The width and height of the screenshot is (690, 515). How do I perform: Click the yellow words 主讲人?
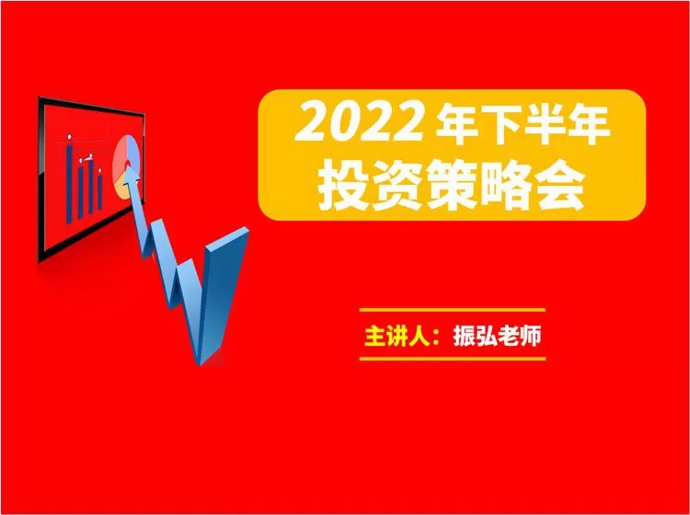(400, 334)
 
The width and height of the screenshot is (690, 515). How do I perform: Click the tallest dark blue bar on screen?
(69, 180)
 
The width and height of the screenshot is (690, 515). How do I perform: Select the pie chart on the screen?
(125, 160)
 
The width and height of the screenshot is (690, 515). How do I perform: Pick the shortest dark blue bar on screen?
(98, 192)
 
